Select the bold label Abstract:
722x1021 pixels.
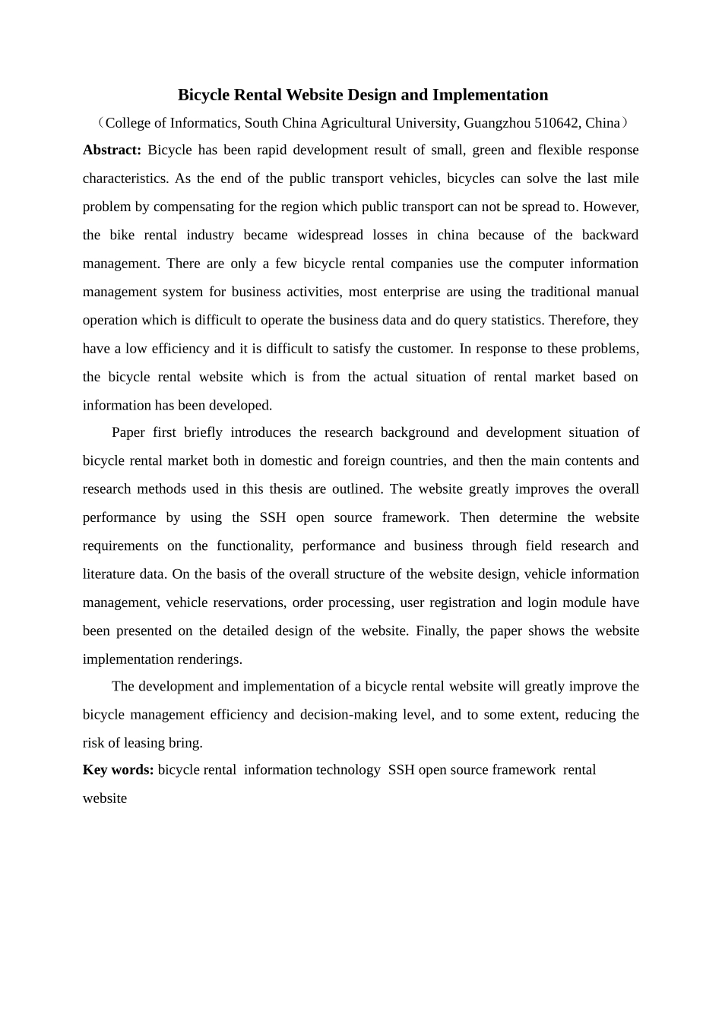pyautogui.click(x=112, y=150)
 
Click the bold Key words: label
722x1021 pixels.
pyautogui.click(x=118, y=770)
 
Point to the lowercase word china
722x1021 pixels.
pyautogui.click(x=453, y=235)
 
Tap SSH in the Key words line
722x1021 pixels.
pyautogui.click(x=401, y=770)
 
